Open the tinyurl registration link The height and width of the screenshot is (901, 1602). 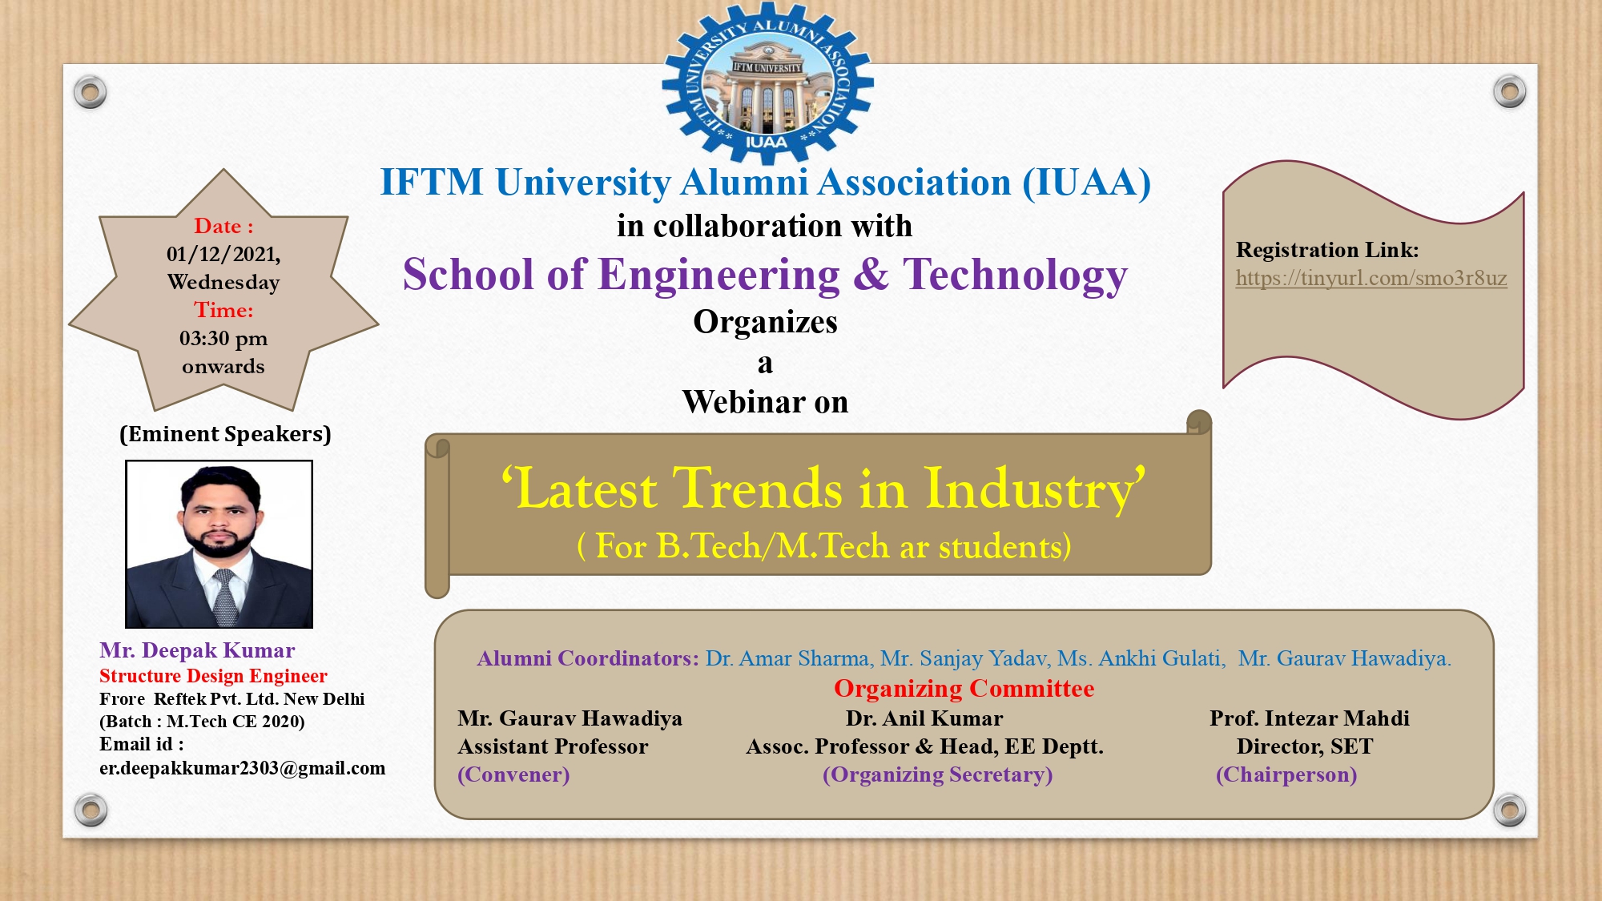click(1371, 278)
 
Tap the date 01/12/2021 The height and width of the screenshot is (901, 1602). click(223, 255)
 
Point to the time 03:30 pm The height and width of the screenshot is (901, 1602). click(223, 339)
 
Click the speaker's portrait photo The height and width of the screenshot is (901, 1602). click(219, 544)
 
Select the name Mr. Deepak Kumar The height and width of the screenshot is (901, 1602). click(197, 650)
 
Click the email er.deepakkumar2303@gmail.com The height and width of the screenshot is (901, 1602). click(242, 768)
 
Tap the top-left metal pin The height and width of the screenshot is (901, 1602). click(90, 92)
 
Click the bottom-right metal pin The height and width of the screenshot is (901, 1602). click(1509, 810)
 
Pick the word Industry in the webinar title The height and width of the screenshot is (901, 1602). click(1035, 489)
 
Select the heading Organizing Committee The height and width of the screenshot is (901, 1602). click(964, 689)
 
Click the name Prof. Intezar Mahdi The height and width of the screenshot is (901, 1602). click(1310, 718)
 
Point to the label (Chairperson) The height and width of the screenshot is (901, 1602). click(1286, 775)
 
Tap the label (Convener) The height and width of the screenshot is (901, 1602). click(513, 775)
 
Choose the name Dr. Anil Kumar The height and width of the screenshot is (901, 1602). click(924, 718)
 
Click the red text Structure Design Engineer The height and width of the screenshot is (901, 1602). click(213, 676)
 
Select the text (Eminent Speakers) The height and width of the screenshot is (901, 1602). click(225, 434)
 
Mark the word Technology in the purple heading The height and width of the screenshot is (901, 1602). click(1016, 276)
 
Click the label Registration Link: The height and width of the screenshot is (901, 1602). click(1327, 250)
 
